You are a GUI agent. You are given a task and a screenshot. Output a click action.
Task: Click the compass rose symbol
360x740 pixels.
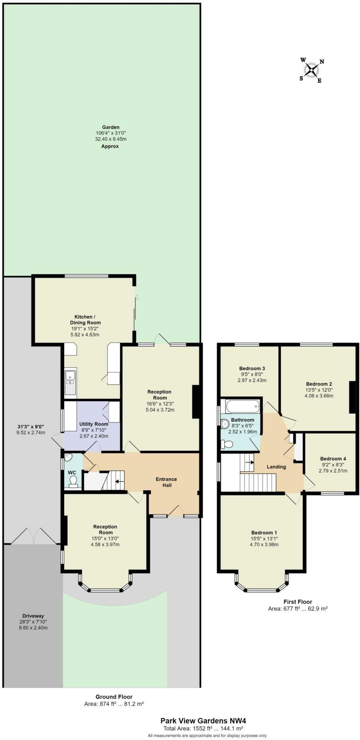tap(312, 71)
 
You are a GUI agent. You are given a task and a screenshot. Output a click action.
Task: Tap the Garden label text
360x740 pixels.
tap(110, 127)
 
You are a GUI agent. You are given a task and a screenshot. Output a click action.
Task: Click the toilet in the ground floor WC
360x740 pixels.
tap(73, 483)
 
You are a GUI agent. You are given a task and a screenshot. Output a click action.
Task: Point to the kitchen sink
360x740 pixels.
tap(70, 376)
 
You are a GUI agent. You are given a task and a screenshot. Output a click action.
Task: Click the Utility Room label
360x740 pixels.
tap(94, 424)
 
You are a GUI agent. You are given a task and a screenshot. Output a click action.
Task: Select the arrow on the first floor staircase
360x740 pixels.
tap(250, 462)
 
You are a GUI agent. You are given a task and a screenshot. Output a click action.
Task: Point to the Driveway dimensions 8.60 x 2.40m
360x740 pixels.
tap(33, 628)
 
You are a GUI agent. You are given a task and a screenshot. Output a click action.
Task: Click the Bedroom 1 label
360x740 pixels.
tap(264, 533)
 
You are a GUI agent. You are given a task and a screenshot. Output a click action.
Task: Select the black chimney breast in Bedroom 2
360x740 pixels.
tap(352, 397)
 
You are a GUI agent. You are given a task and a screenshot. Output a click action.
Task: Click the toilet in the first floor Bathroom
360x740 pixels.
tap(227, 444)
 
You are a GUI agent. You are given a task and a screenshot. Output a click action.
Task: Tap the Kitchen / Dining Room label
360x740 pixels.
tap(85, 320)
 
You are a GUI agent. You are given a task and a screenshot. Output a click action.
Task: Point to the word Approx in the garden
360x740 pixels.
tap(110, 146)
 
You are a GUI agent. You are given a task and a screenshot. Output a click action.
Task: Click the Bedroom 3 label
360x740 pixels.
tap(252, 369)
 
